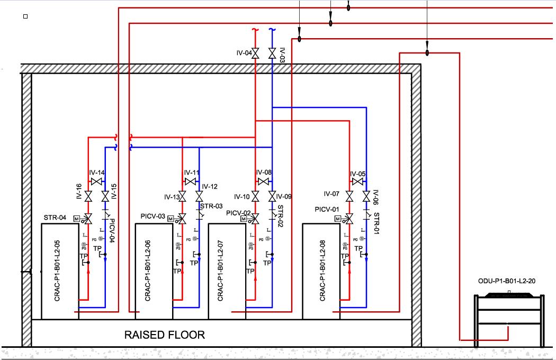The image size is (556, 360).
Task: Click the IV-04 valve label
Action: [x=244, y=53]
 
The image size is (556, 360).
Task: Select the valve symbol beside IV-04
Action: [x=255, y=53]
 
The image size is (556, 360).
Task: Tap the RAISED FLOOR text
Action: [x=164, y=335]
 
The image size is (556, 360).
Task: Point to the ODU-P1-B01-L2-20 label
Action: [x=507, y=281]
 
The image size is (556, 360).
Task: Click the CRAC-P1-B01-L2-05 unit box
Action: [x=60, y=271]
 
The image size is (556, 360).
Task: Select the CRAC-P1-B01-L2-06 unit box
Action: [x=154, y=271]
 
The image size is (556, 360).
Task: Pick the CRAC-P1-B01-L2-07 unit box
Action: [x=227, y=271]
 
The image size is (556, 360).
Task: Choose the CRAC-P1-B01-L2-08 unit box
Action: [x=321, y=271]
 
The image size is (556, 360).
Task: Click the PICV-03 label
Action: [x=154, y=217]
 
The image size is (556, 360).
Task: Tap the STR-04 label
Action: [x=55, y=218]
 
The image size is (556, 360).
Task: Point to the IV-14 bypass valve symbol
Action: [x=96, y=182]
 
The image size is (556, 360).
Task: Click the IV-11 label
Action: [x=192, y=173]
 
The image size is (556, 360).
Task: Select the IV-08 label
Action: [x=264, y=173]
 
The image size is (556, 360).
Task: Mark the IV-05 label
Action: [x=358, y=174]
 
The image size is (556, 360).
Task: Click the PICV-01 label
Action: [x=327, y=210]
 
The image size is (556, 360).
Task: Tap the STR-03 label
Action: [x=211, y=206]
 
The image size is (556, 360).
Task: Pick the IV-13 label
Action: [x=172, y=197]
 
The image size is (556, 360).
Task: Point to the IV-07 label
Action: [x=332, y=194]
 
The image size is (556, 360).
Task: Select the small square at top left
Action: [x=25, y=16]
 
